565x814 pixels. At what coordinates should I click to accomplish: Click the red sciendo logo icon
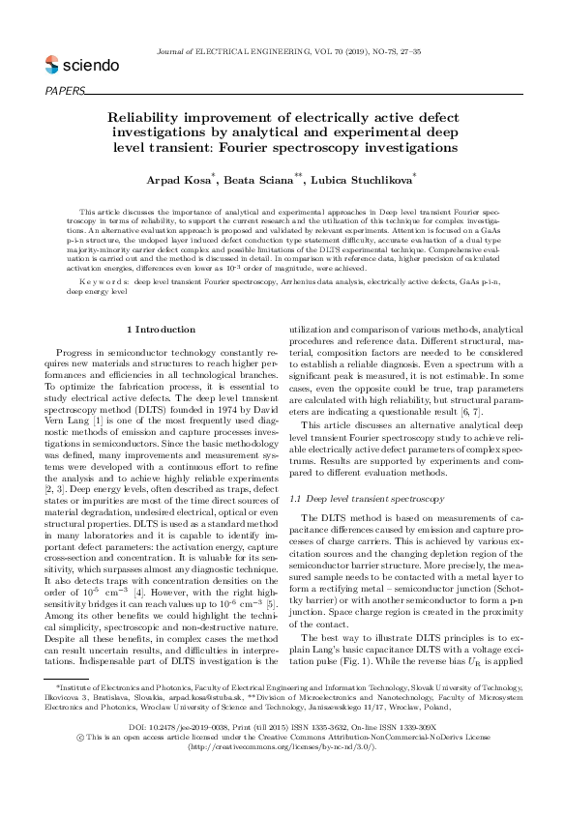click(x=51, y=65)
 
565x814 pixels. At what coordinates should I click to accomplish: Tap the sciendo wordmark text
click(x=91, y=66)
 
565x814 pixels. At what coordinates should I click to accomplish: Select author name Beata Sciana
click(x=265, y=180)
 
